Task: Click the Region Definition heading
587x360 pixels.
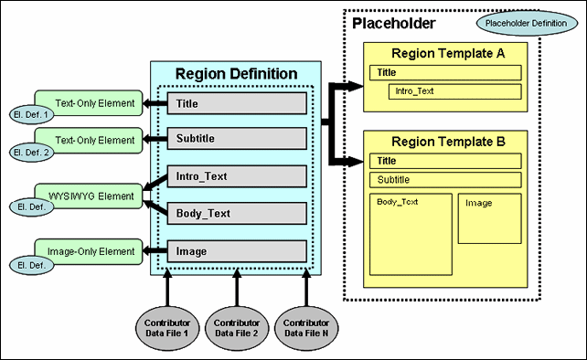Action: coord(236,73)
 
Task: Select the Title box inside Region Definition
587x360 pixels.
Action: coord(236,104)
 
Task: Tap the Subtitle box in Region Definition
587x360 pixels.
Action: coord(236,139)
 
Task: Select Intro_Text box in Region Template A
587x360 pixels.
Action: coord(454,91)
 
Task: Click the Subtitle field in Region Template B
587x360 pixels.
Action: coord(445,180)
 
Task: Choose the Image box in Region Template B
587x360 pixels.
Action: coord(489,217)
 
